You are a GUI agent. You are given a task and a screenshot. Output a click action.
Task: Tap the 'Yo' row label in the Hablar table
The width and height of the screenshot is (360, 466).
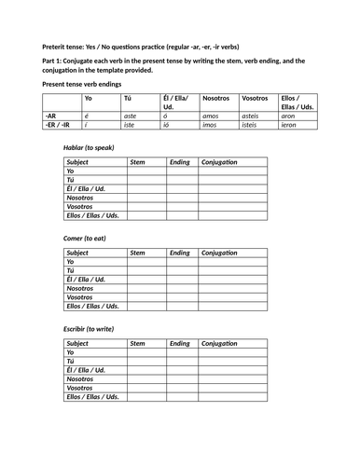[x=70, y=171]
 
